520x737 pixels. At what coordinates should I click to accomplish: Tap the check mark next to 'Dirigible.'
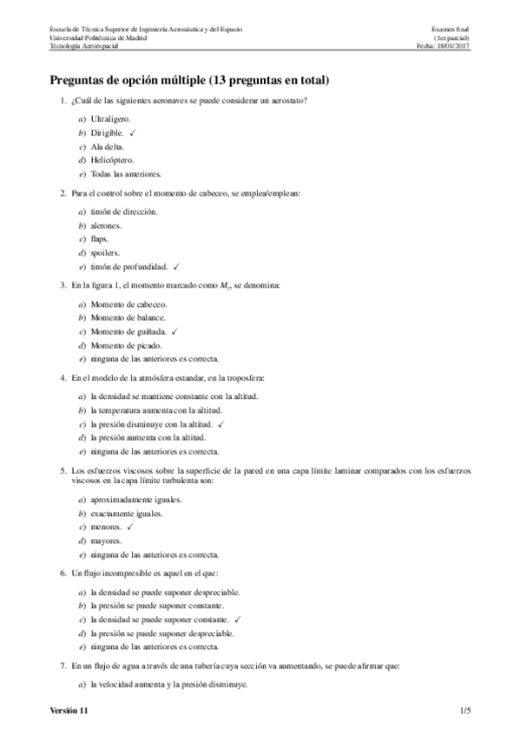coord(133,132)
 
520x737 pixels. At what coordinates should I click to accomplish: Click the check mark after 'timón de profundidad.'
coord(175,266)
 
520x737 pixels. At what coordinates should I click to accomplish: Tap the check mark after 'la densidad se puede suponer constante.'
coord(236,619)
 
